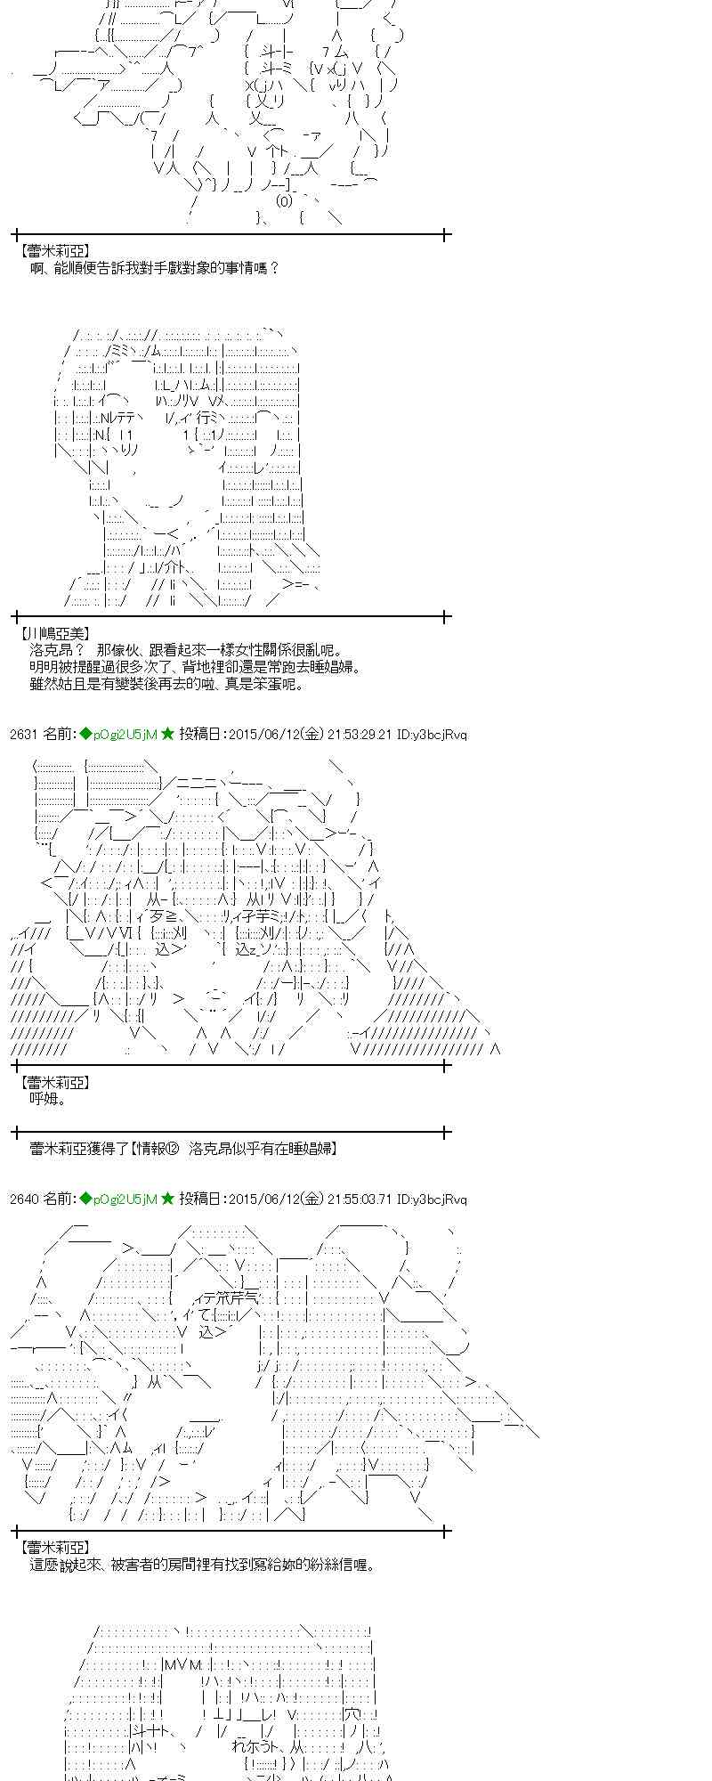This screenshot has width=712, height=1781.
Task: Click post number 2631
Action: point(24,735)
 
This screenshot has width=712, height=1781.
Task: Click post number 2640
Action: point(24,1200)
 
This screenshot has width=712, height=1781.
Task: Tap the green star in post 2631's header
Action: point(167,734)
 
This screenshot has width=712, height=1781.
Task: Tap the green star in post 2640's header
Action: point(167,1199)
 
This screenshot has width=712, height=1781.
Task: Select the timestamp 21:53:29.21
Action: point(360,735)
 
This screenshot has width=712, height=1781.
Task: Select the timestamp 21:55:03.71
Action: point(360,1200)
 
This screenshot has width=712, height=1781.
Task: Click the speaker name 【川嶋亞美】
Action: point(54,634)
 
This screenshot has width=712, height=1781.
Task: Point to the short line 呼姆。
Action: point(49,1099)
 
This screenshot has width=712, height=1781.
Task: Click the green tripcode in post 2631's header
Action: point(117,735)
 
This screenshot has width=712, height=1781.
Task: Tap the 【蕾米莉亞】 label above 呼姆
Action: point(54,1082)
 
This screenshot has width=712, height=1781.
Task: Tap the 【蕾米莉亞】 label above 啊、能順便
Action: point(54,252)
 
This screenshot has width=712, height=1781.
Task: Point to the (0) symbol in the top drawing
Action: point(284,201)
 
